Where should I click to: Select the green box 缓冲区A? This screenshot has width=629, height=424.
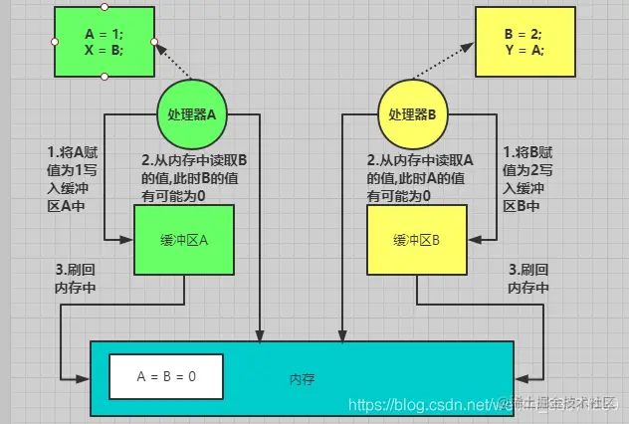185,240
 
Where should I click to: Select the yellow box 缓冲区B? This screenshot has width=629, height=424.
417,240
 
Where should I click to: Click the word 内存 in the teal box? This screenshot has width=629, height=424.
303,379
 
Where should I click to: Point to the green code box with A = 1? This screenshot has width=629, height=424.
105,42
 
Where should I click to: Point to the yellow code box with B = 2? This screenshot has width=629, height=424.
524,42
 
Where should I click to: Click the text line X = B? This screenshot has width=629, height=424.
105,50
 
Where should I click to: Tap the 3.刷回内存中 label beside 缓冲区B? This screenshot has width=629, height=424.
527,278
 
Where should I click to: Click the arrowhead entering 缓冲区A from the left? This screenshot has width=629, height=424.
128,240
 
